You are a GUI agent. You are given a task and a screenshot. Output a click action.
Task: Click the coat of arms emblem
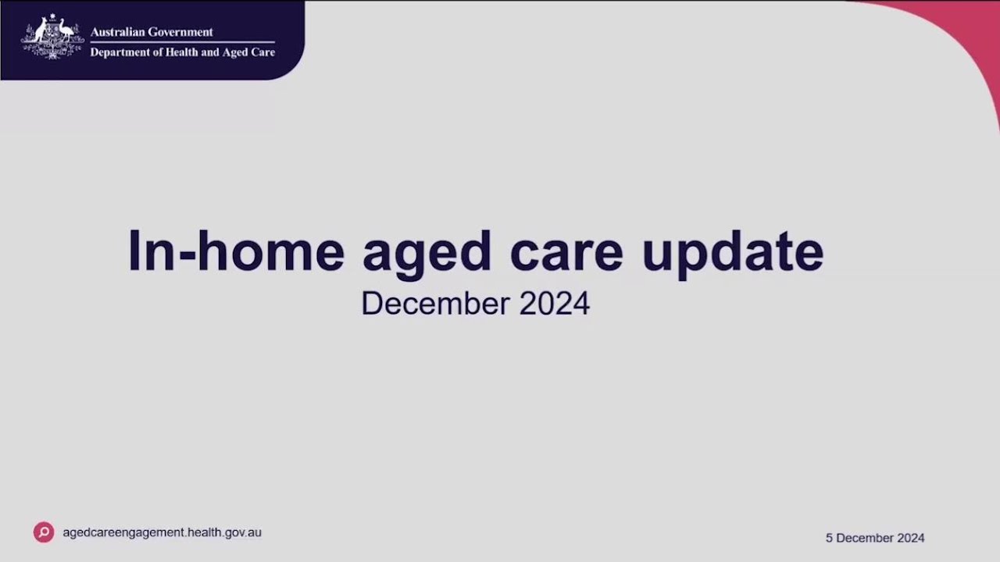pos(52,37)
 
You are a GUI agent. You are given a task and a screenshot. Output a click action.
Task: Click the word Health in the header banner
pos(187,52)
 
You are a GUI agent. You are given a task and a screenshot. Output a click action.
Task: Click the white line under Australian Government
pos(182,42)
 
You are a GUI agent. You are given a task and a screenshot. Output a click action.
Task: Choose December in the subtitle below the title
pos(435,304)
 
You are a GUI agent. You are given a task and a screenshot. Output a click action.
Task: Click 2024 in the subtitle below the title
pos(555,304)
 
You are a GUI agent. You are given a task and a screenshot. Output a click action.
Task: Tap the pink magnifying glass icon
pos(44,532)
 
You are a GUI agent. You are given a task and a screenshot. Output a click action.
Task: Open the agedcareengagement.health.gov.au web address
pos(162,532)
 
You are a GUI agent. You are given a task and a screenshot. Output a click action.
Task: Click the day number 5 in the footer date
pos(829,538)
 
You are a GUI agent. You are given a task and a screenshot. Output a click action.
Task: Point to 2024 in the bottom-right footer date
pos(910,538)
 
